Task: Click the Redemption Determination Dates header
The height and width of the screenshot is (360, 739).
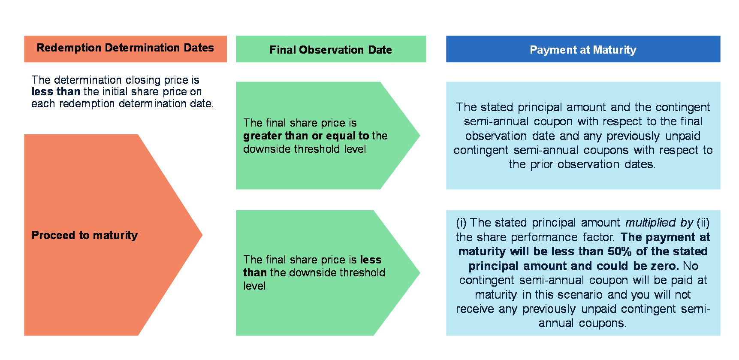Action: (125, 48)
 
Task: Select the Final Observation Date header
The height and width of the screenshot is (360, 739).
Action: (331, 50)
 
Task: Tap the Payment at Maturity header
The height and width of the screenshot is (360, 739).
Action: (583, 50)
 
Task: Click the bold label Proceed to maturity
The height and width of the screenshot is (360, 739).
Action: (84, 235)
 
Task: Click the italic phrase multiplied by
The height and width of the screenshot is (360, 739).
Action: (659, 223)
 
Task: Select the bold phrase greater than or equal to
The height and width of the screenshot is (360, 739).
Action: (306, 136)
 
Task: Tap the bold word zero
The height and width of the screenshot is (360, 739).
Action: (664, 266)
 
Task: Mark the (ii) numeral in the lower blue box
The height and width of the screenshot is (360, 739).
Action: (703, 223)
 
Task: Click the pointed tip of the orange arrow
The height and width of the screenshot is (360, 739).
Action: (202, 235)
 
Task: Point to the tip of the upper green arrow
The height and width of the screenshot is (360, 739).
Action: (419, 136)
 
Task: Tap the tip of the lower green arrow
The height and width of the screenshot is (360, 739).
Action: (419, 272)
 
